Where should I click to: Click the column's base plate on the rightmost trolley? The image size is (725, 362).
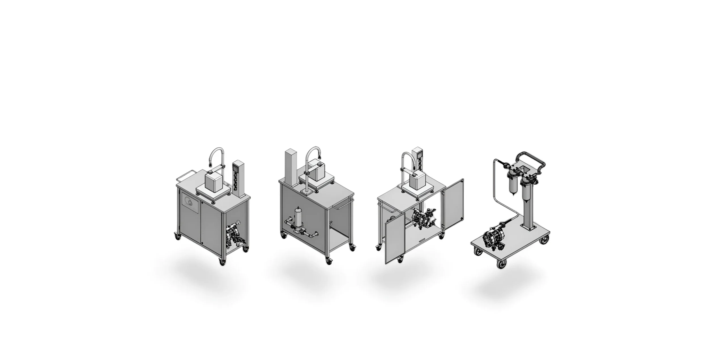[530, 227]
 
